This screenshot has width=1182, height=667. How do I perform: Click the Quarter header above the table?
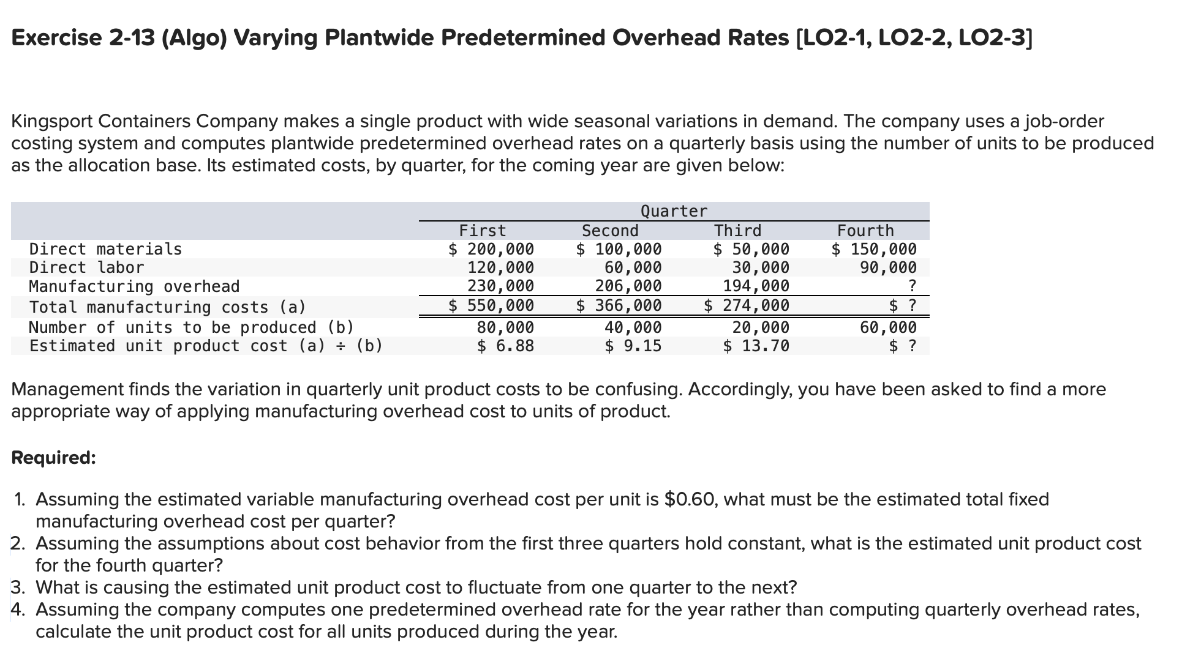click(674, 211)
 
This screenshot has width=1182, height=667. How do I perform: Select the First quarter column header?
click(483, 231)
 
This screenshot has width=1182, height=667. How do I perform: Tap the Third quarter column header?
click(737, 231)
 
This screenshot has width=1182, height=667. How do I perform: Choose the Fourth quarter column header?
click(865, 231)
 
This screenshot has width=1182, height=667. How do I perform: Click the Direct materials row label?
click(105, 249)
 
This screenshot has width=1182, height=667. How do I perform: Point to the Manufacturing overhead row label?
click(134, 286)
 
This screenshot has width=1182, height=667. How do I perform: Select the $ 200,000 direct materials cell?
click(491, 249)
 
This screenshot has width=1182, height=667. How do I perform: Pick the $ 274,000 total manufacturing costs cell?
click(747, 305)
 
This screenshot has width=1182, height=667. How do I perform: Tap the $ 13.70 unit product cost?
click(756, 346)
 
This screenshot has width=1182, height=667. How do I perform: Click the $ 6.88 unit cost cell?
click(505, 346)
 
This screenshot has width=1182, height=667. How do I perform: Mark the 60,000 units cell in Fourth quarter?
click(888, 327)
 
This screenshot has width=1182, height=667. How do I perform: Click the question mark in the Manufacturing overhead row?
click(912, 286)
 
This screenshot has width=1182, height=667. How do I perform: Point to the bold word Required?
click(54, 458)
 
